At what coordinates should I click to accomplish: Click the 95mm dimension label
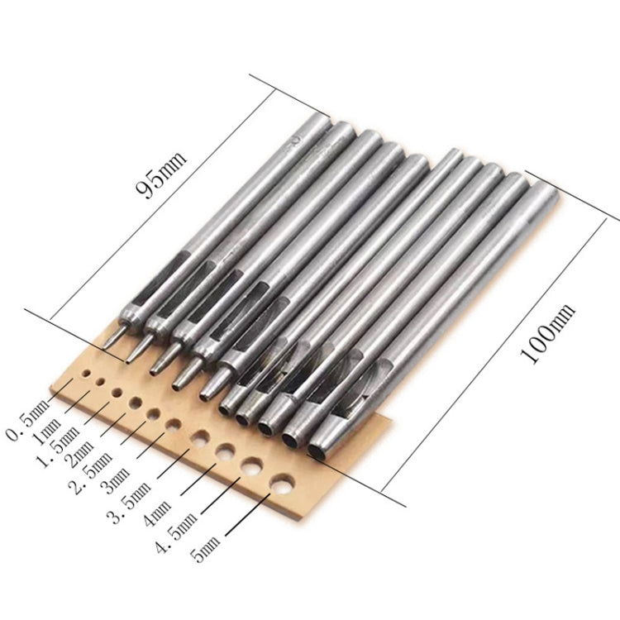click(x=161, y=174)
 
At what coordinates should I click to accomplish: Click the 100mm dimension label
click(x=547, y=334)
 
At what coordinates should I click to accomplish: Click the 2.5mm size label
click(x=91, y=474)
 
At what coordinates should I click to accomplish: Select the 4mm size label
click(x=157, y=513)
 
